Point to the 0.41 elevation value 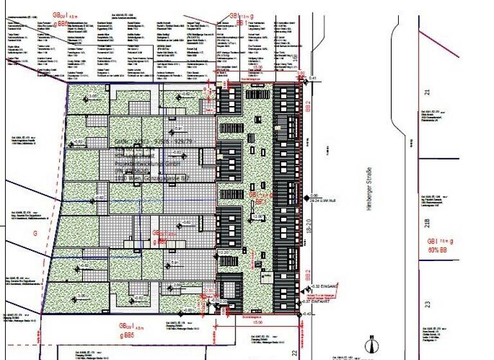pyautogui.click(x=313, y=78)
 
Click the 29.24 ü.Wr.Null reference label pyautogui.click(x=324, y=201)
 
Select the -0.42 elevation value pyautogui.click(x=307, y=314)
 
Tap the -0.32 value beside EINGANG pyautogui.click(x=315, y=286)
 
